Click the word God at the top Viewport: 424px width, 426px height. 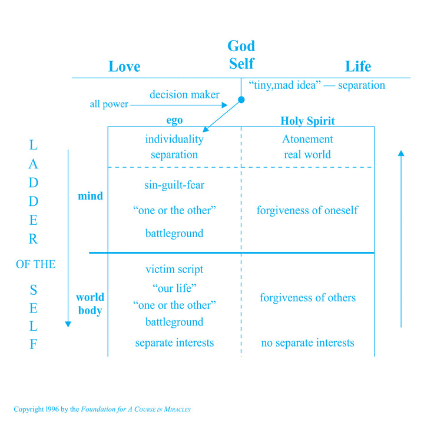click(241, 46)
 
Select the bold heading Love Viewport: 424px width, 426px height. click(124, 66)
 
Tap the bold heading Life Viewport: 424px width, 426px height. click(358, 66)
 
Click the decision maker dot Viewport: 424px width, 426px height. click(241, 99)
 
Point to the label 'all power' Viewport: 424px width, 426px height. click(109, 104)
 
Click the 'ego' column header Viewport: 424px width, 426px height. click(174, 120)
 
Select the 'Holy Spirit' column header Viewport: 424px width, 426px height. click(307, 121)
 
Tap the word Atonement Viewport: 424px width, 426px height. click(307, 139)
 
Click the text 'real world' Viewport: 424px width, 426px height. click(307, 155)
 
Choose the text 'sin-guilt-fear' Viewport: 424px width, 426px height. click(174, 185)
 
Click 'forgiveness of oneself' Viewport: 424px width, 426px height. click(307, 210)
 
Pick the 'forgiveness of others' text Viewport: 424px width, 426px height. click(307, 298)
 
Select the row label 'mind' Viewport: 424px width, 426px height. click(90, 196)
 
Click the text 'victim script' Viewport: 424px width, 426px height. click(174, 269)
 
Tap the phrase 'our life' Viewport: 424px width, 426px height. click(174, 288)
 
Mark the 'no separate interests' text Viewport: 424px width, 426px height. click(307, 343)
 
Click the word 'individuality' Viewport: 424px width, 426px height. click(174, 139)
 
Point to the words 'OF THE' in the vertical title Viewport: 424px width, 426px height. click(36, 264)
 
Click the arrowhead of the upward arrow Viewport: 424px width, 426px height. click(401, 153)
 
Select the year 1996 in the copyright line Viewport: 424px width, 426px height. click(52, 410)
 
